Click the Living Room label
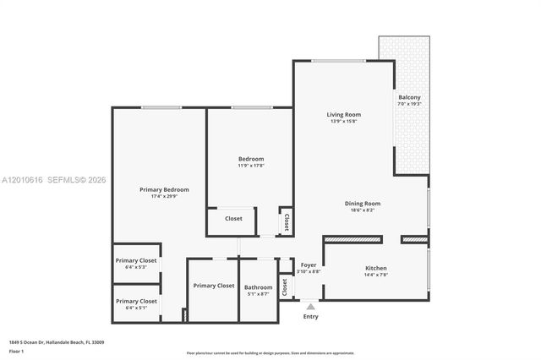pyautogui.click(x=344, y=114)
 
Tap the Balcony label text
pyautogui.click(x=409, y=97)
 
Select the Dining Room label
pyautogui.click(x=363, y=203)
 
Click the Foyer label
pyautogui.click(x=309, y=265)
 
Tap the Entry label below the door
pyautogui.click(x=311, y=316)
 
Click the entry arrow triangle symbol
pyautogui.click(x=311, y=305)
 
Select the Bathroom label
pyautogui.click(x=259, y=287)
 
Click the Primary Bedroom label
pyautogui.click(x=164, y=189)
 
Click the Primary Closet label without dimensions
pyautogui.click(x=213, y=286)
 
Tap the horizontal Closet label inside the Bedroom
pyautogui.click(x=233, y=219)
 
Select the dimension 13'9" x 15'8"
pyautogui.click(x=344, y=122)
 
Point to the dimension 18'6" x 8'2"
pyautogui.click(x=363, y=210)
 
